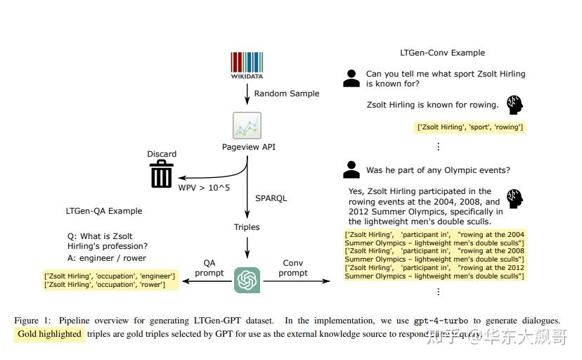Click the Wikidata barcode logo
[247, 64]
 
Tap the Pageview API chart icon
[247, 125]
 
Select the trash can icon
[162, 174]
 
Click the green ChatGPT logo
[247, 281]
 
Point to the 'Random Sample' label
[286, 94]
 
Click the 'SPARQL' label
[271, 198]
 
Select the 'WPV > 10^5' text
[200, 188]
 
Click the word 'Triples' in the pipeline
[247, 227]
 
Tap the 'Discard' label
[162, 154]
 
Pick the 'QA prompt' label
[209, 268]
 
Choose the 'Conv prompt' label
[292, 268]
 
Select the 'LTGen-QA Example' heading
[103, 211]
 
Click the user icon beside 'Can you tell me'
[351, 78]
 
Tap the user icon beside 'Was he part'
[351, 169]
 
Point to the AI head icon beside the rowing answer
[515, 105]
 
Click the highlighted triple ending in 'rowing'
[470, 127]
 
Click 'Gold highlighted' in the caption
[50, 334]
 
